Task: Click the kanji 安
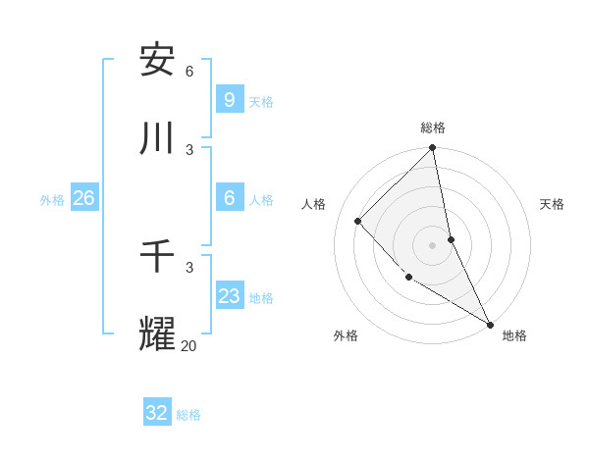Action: [x=157, y=61]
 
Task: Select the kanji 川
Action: [x=157, y=139]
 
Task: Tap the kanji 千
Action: [x=157, y=257]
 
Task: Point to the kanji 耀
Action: [x=157, y=334]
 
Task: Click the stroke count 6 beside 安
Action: [x=189, y=71]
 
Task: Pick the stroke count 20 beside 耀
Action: [x=189, y=345]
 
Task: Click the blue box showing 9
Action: [x=229, y=99]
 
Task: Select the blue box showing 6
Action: [x=229, y=197]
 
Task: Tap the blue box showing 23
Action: [x=229, y=295]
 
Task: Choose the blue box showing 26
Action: [x=83, y=197]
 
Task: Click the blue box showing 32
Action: [x=157, y=413]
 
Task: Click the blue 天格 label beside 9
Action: [x=261, y=101]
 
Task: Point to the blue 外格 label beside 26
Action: [x=52, y=199]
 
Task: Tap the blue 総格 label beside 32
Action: [x=188, y=415]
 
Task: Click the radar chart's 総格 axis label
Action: [x=433, y=128]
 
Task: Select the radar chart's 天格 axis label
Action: [x=552, y=204]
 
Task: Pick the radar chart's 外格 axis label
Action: [x=346, y=335]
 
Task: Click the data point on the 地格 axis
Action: [x=490, y=324]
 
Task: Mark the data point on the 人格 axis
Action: [x=358, y=221]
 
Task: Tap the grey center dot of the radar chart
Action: [x=433, y=245]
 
